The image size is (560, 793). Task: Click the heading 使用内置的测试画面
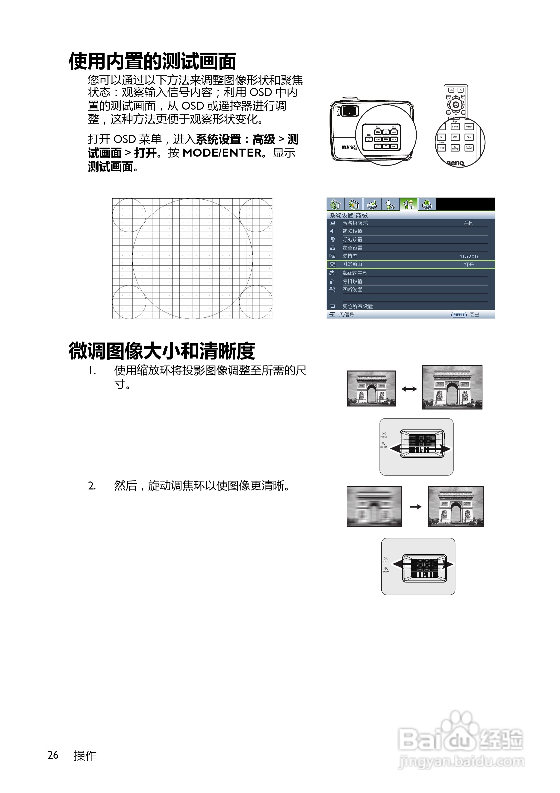[x=152, y=62]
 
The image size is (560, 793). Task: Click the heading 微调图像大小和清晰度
[x=162, y=351]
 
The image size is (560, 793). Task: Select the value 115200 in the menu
[x=468, y=256]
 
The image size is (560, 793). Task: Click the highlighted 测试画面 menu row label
[x=352, y=264]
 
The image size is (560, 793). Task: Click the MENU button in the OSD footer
[x=458, y=315]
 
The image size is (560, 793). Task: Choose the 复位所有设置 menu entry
[x=357, y=306]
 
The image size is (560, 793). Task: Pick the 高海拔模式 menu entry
[x=355, y=223]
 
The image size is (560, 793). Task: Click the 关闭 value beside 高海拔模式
[x=468, y=223]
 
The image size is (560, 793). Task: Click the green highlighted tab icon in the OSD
[x=409, y=205]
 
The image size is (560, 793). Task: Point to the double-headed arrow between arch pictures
[x=409, y=389]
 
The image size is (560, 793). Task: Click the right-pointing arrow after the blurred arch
[x=415, y=507]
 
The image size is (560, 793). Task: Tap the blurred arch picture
[x=374, y=506]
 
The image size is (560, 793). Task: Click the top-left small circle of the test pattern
[x=129, y=215]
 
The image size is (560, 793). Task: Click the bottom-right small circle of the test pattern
[x=256, y=302]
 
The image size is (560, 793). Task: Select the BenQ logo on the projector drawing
[x=349, y=148]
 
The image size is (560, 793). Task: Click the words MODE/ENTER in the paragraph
[x=222, y=153]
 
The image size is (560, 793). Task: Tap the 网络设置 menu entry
[x=352, y=290]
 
